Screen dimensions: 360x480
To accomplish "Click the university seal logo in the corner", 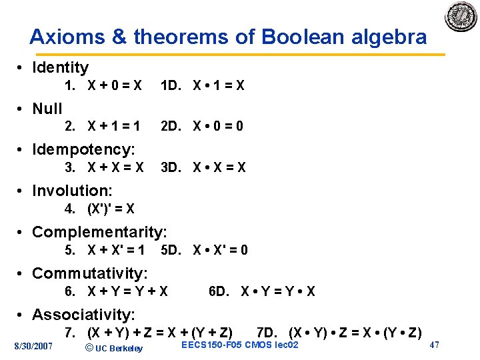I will click(x=461, y=17).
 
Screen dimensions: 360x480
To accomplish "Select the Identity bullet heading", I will click(x=60, y=67).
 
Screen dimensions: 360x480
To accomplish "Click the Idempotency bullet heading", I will click(x=83, y=149).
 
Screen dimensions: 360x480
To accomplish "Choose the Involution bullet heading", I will click(x=72, y=191).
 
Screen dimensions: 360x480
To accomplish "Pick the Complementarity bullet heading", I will click(x=99, y=232).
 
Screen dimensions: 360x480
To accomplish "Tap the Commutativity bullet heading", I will click(x=90, y=273).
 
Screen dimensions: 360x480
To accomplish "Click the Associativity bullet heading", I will click(x=83, y=315).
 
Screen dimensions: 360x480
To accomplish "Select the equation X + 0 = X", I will click(x=115, y=86).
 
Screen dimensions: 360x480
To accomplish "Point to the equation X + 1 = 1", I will click(x=115, y=126).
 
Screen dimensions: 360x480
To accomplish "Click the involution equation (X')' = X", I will click(x=111, y=209).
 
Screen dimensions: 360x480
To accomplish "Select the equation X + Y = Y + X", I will click(x=127, y=291).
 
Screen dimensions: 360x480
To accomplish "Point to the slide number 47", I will click(x=434, y=345).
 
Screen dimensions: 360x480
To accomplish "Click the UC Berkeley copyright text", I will click(x=115, y=348).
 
